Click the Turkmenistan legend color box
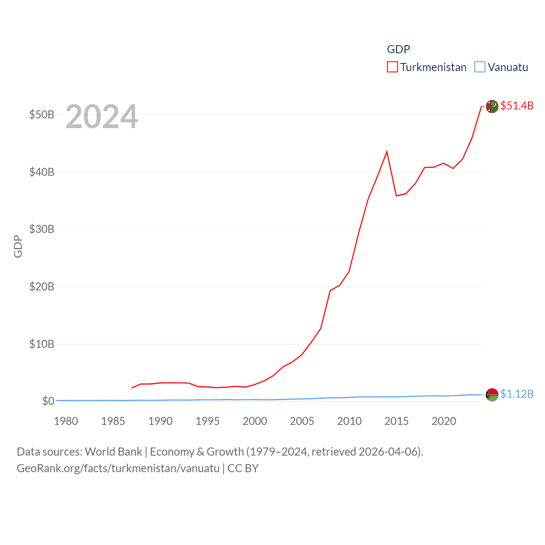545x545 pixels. pyautogui.click(x=392, y=67)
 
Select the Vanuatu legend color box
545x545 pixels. pyautogui.click(x=480, y=67)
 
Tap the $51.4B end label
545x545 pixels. pyautogui.click(x=517, y=106)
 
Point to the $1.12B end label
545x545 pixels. pyautogui.click(x=517, y=394)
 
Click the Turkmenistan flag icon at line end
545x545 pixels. pyautogui.click(x=492, y=106)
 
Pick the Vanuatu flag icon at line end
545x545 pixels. pyautogui.click(x=492, y=395)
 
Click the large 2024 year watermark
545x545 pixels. pyautogui.click(x=101, y=116)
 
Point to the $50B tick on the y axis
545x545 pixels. pyautogui.click(x=42, y=115)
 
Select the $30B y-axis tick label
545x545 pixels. pyautogui.click(x=42, y=229)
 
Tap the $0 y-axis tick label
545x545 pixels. pyautogui.click(x=48, y=401)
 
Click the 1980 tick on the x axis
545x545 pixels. pyautogui.click(x=66, y=421)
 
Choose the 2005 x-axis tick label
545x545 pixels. pyautogui.click(x=302, y=421)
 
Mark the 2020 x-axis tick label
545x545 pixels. pyautogui.click(x=444, y=421)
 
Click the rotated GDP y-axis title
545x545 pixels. pyautogui.click(x=18, y=246)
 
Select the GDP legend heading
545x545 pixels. pyautogui.click(x=398, y=49)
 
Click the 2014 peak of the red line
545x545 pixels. pyautogui.click(x=387, y=152)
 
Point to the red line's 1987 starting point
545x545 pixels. pyautogui.click(x=132, y=387)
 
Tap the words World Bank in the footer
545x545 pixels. pyautogui.click(x=113, y=451)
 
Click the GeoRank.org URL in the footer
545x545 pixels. pyautogui.click(x=118, y=468)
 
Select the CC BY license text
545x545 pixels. pyautogui.click(x=243, y=468)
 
